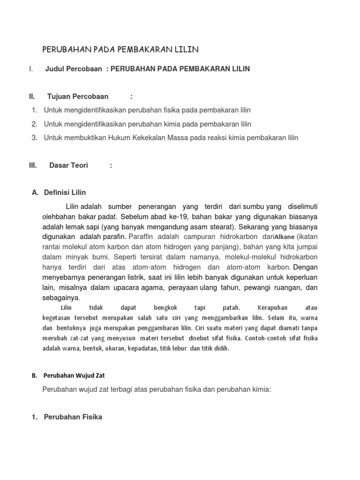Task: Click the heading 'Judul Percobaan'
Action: [74, 69]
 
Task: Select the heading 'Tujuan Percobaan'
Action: [78, 97]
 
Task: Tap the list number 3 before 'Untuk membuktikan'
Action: [34, 138]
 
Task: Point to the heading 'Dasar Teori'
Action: [68, 165]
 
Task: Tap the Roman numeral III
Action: [33, 165]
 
